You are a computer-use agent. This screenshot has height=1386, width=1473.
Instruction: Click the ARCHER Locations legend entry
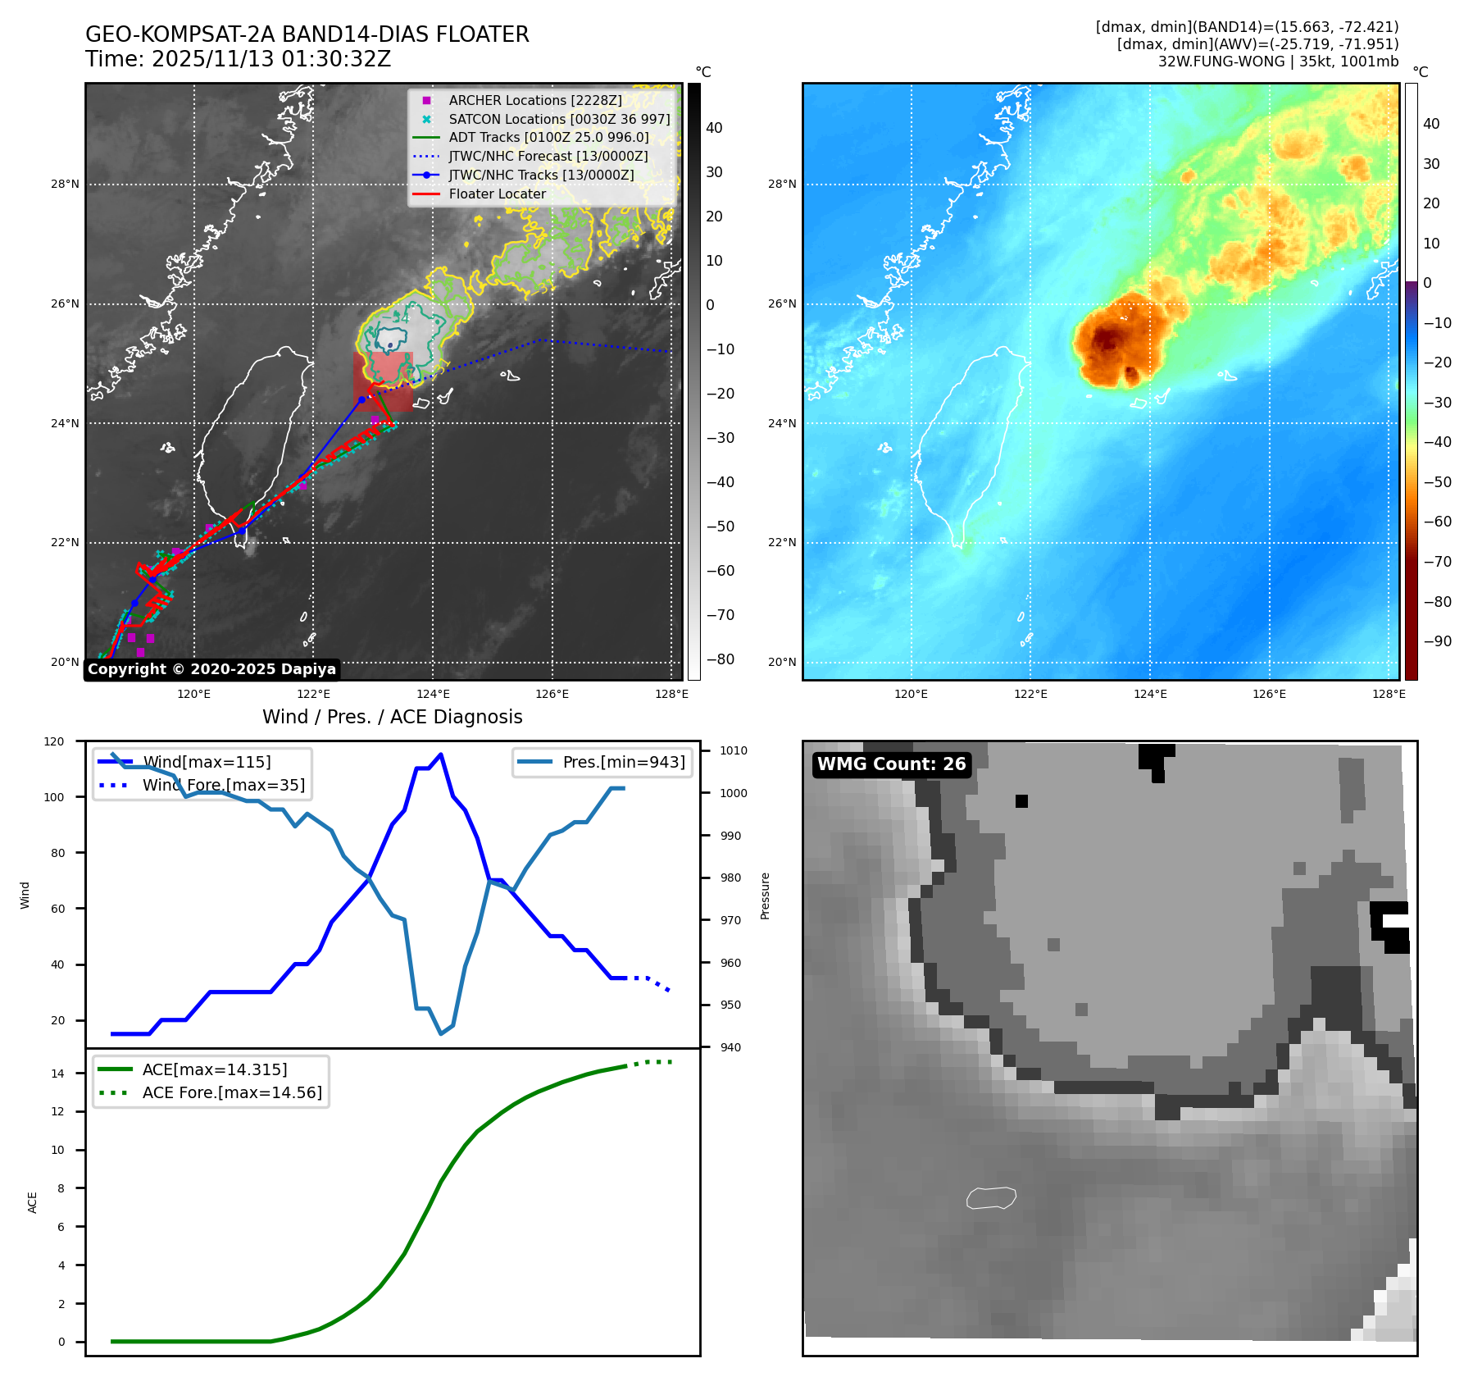(x=534, y=100)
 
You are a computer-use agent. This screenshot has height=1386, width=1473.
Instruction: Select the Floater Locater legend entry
(x=497, y=194)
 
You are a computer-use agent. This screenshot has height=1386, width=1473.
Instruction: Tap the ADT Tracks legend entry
(x=548, y=138)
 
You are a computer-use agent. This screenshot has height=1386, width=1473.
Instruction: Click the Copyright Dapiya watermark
(x=211, y=669)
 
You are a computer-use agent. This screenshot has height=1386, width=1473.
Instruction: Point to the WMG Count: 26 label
(x=891, y=764)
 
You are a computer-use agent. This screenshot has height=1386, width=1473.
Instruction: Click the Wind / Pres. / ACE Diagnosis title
(x=392, y=717)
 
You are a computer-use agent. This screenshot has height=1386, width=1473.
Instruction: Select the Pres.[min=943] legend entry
(x=623, y=762)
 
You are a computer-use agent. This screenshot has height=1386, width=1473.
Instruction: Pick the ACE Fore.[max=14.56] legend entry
(x=232, y=1092)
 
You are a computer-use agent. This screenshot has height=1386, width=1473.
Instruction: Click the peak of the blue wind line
(x=441, y=755)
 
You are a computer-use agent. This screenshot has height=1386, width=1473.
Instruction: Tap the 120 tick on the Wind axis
(x=54, y=741)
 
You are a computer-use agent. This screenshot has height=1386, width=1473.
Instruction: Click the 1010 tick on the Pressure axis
(x=734, y=750)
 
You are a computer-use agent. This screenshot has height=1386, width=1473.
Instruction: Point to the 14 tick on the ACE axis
(x=57, y=1074)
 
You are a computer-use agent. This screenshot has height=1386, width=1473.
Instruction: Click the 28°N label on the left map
(x=65, y=184)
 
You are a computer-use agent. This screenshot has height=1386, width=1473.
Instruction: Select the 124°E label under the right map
(x=1150, y=695)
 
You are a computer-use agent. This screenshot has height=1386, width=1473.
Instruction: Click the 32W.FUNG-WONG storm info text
(x=1278, y=62)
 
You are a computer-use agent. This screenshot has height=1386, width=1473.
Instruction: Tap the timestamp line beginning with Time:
(x=238, y=60)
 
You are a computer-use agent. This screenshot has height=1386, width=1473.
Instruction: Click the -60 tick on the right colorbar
(x=1437, y=522)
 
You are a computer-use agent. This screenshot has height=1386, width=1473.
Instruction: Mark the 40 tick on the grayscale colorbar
(x=714, y=128)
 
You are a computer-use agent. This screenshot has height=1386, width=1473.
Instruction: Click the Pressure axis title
(x=766, y=896)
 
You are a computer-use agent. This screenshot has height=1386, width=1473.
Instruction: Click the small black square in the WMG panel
(x=1021, y=801)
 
